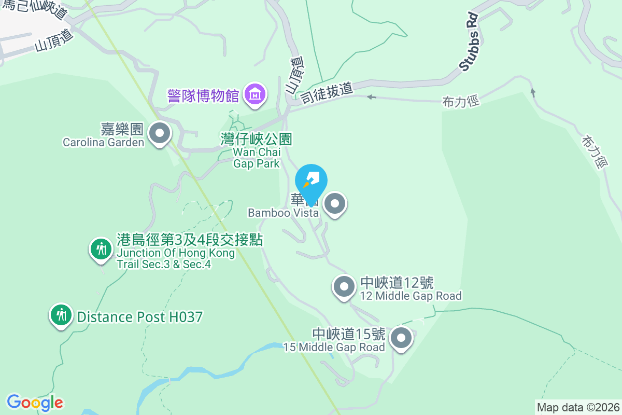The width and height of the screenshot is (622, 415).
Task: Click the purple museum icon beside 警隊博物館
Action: tap(255, 94)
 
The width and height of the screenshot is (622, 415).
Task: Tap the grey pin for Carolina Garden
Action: tap(160, 133)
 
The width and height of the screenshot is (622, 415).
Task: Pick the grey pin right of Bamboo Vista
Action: tap(335, 203)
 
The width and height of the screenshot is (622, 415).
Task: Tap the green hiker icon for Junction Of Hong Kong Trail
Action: tap(101, 249)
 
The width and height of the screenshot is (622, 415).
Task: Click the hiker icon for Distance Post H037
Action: tap(62, 315)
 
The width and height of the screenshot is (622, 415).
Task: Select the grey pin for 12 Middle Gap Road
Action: tap(343, 286)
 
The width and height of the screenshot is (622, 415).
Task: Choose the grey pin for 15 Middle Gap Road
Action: tap(401, 339)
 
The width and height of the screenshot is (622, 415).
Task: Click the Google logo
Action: tap(35, 402)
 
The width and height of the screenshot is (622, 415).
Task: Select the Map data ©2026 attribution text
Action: tap(578, 407)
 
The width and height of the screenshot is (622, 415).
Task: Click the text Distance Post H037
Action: tap(139, 316)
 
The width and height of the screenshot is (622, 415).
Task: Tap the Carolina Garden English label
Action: tap(103, 142)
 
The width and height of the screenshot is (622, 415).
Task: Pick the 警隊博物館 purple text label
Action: tap(203, 95)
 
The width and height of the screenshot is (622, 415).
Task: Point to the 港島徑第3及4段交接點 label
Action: tap(190, 240)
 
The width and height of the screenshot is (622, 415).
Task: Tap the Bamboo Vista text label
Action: tap(283, 213)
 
